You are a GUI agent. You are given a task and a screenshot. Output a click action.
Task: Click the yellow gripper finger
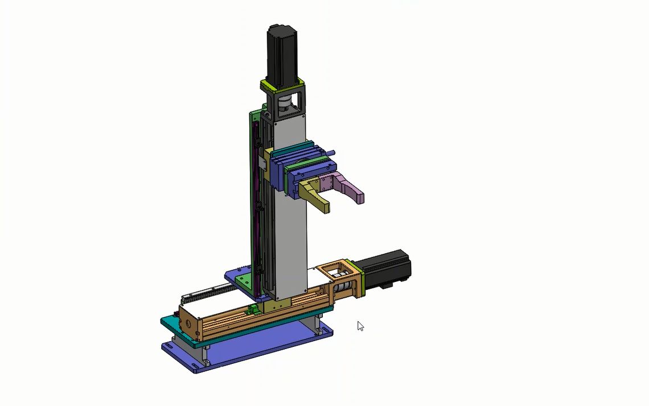pyautogui.click(x=317, y=196)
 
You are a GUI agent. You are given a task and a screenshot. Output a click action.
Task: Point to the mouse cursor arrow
pyautogui.click(x=360, y=326)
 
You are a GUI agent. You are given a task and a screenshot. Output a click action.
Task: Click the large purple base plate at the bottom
pyautogui.click(x=256, y=350)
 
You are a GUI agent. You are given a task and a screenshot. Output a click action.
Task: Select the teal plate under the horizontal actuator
pyautogui.click(x=171, y=322)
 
